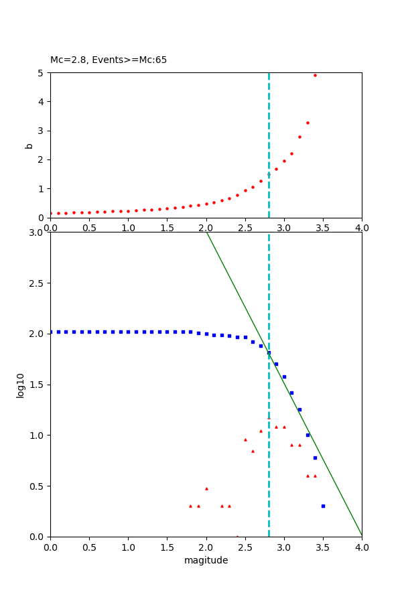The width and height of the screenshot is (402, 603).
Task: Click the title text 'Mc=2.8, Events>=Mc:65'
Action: coord(109,60)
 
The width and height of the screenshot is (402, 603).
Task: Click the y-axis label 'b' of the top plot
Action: coord(29,145)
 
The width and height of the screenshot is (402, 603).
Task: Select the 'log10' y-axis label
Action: coord(21,385)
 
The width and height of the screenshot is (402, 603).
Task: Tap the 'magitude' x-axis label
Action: coord(206,561)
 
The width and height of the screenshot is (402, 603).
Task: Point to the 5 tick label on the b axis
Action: coord(41,73)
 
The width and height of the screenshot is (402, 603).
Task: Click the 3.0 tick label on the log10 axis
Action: coord(38,232)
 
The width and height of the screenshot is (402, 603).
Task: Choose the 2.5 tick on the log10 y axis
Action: coord(38,283)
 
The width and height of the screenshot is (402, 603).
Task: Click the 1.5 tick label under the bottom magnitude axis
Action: coord(167,547)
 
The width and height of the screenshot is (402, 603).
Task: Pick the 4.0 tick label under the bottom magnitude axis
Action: coord(361,547)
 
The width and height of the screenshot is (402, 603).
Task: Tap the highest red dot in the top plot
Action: coord(315,75)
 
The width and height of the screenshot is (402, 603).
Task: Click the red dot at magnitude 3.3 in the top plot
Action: coord(308,123)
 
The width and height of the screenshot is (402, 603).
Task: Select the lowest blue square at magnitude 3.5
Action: coord(323,506)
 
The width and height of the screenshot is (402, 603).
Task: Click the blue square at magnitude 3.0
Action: coord(284,377)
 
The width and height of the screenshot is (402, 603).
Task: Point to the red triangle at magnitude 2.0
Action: coord(206,488)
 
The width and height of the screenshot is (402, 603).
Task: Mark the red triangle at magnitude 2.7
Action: coord(261,431)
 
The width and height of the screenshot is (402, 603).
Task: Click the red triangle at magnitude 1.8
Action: coord(190,506)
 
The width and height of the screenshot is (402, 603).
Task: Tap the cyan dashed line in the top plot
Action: coord(269,134)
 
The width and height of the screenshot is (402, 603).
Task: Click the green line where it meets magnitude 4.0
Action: coord(361,535)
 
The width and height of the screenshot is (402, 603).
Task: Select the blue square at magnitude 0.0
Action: coord(51,332)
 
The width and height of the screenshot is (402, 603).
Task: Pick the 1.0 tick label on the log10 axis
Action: coord(38,435)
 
